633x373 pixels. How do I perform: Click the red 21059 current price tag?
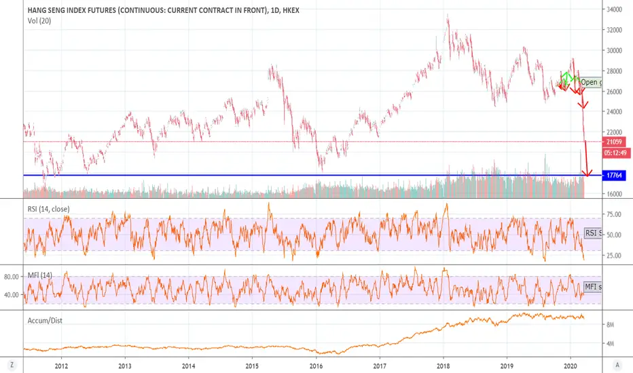pos(615,142)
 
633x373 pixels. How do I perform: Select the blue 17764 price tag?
pos(615,176)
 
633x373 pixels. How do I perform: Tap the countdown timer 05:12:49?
pos(615,152)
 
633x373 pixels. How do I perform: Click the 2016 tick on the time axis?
pos(316,364)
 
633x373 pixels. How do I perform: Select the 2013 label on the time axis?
pos(125,364)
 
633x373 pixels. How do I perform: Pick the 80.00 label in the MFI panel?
pos(12,277)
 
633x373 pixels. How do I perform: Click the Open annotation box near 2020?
pos(590,83)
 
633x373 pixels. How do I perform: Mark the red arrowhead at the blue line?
pos(588,173)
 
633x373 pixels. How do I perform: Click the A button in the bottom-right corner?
pos(616,364)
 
